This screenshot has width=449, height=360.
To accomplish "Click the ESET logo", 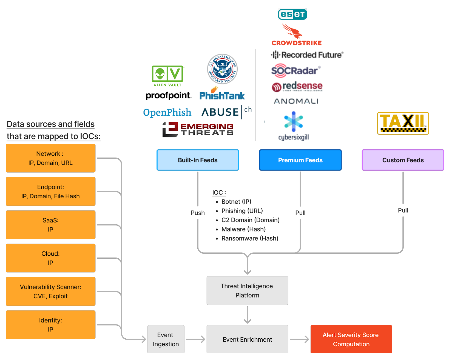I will coord(292,14).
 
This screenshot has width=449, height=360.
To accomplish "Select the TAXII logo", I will coord(403,123).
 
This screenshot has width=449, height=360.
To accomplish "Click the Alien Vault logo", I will coord(167,76).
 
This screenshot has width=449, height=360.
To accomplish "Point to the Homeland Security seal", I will coord(222,69).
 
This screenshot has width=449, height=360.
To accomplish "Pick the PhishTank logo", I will coord(222,94).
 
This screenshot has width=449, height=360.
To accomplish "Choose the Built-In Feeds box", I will coord(198,160).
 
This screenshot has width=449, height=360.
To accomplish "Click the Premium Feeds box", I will coord(300,160).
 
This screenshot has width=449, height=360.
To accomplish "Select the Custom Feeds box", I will coord(403,160).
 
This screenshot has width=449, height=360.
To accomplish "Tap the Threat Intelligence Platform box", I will coord(247,290).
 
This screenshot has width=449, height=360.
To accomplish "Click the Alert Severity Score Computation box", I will coord(351,339).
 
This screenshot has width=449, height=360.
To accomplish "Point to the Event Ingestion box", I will coord(166,339).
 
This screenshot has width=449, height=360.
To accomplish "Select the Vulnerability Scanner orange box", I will coord(51,291).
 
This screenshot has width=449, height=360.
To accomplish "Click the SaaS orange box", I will coord(51,225).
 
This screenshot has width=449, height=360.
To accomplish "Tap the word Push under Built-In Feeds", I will coord(198,213).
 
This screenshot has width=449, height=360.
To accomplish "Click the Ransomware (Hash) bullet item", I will coord(250,238).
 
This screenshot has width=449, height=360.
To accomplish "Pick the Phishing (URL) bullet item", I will coord(242,211).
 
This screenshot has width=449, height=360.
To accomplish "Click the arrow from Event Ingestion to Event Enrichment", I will coord(195,339).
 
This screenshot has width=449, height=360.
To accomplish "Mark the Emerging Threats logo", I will coord(198,129).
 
